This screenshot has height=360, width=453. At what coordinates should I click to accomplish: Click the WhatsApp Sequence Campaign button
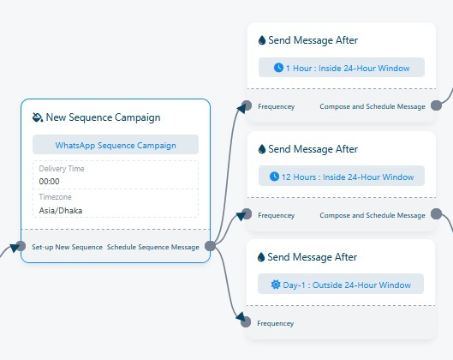[116, 145]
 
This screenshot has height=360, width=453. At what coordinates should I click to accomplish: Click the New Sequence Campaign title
[103, 117]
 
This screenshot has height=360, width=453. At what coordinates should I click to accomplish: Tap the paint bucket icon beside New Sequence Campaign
[38, 117]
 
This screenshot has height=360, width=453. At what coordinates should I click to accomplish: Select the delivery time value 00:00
[49, 182]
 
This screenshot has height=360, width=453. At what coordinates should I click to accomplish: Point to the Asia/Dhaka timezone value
[61, 210]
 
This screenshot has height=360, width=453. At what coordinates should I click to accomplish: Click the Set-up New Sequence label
[68, 247]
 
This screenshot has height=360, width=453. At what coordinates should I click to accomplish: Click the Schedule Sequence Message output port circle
[211, 246]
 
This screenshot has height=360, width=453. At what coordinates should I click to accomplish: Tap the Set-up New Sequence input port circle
[21, 246]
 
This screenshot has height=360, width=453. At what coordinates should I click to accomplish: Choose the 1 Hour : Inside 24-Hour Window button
[342, 68]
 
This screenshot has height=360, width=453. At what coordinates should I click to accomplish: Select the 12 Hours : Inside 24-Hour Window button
[342, 176]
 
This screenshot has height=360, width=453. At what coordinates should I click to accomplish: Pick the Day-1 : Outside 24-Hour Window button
[341, 285]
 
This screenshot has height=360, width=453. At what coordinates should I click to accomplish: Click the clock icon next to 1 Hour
[278, 68]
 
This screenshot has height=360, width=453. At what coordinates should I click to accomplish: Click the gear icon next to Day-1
[276, 285]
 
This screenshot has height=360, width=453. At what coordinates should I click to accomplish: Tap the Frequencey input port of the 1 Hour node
[247, 105]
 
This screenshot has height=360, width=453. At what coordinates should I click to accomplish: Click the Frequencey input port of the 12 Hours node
[247, 214]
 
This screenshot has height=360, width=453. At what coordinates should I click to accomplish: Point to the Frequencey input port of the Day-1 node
[246, 322]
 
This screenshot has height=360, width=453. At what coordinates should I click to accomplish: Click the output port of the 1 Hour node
[436, 105]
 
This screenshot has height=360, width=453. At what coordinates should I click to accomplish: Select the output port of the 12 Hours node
[436, 214]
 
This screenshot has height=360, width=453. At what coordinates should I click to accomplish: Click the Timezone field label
[55, 197]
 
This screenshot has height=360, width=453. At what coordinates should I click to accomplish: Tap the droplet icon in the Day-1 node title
[261, 257]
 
